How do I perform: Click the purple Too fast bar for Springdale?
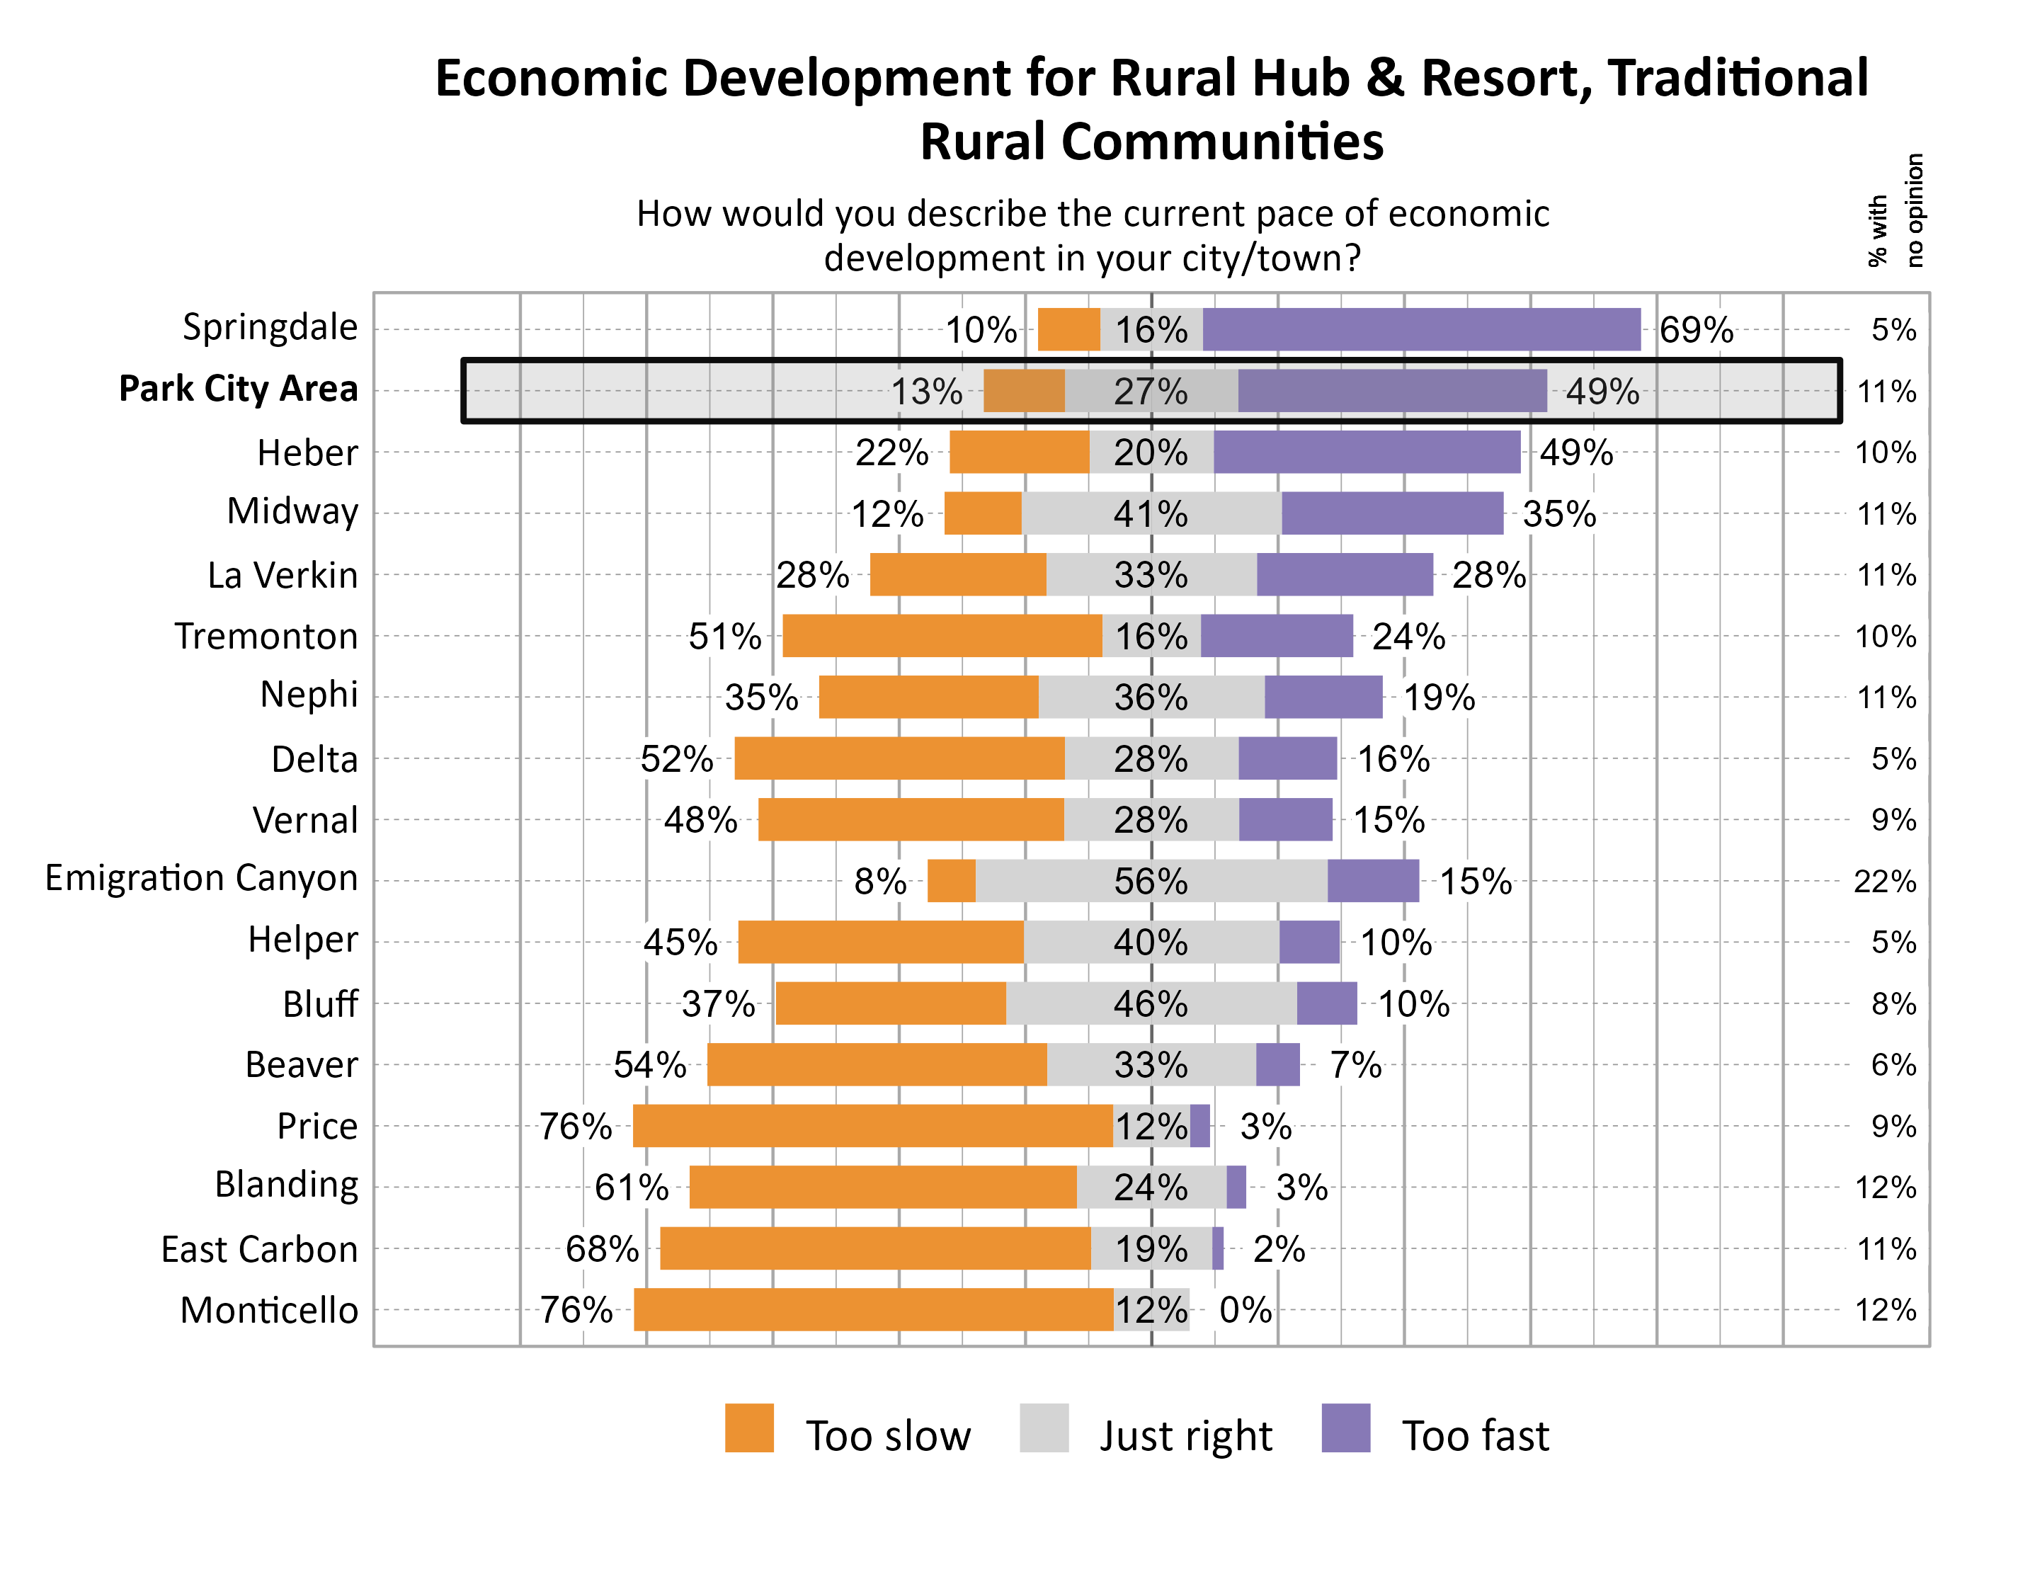[x=1421, y=330]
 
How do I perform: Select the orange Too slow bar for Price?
[x=872, y=1127]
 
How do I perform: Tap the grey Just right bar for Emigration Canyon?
[x=1151, y=881]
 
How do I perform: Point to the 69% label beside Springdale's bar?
[x=1696, y=330]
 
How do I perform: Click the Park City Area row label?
[x=239, y=389]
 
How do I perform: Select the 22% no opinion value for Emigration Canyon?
[x=1884, y=882]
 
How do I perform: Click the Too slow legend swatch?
[x=748, y=1428]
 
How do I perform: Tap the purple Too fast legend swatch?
[x=1345, y=1428]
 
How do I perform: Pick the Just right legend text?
[x=1185, y=1435]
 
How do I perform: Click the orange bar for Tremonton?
[x=942, y=636]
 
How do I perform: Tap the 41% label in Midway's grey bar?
[x=1151, y=514]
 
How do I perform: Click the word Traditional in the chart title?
[x=1737, y=78]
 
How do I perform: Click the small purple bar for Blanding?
[x=1236, y=1187]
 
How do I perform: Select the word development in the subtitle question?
[x=933, y=258]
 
